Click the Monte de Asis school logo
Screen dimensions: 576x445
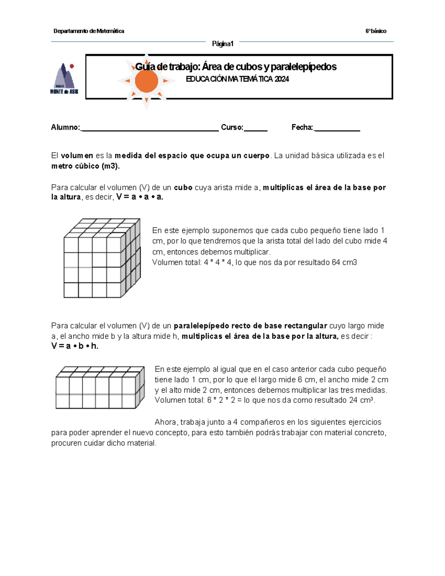click(64, 78)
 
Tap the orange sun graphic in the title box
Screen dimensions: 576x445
click(146, 81)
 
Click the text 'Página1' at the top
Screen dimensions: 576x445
click(222, 44)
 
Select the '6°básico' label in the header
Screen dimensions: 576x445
click(376, 31)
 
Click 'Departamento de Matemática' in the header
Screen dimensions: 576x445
click(89, 31)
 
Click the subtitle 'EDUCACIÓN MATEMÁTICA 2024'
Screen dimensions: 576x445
click(237, 79)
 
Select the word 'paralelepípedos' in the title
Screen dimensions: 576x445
click(303, 67)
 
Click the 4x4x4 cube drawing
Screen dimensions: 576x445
click(102, 258)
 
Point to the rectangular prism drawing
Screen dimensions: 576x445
click(100, 388)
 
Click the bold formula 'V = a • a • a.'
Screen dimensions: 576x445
click(140, 197)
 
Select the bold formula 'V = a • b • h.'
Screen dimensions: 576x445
click(75, 346)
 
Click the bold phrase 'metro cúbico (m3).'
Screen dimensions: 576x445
click(86, 166)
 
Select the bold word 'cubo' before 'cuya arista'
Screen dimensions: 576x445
click(183, 188)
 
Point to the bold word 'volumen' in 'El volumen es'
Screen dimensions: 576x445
click(77, 156)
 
